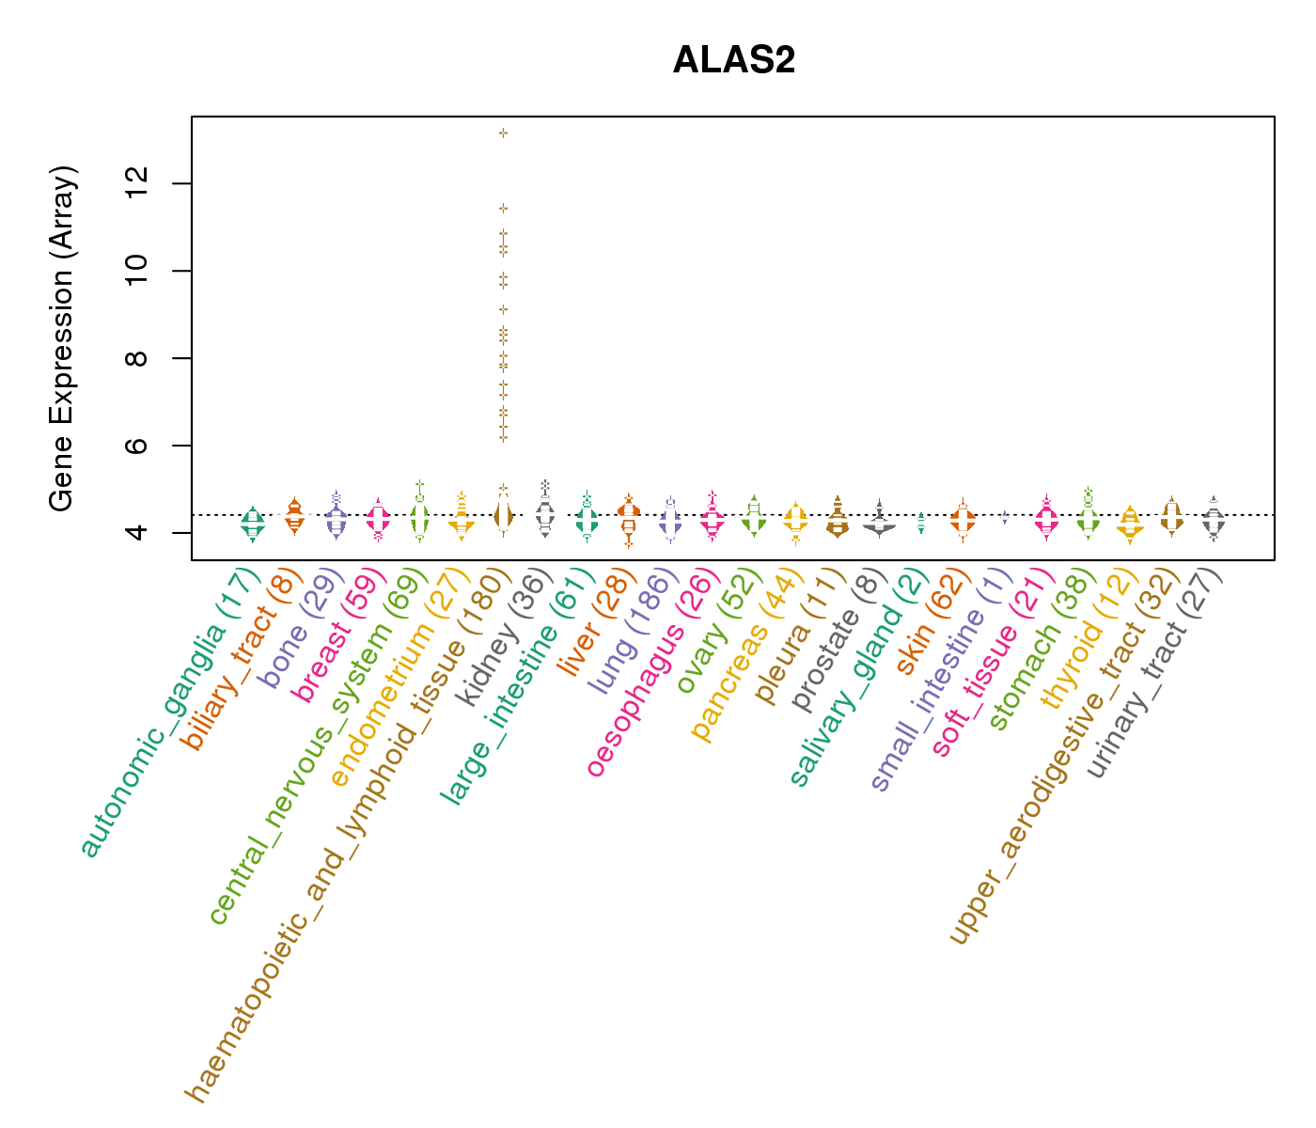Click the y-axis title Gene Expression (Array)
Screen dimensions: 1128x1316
(62, 339)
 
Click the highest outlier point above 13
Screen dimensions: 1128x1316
(504, 133)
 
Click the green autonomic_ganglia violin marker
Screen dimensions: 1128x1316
(252, 523)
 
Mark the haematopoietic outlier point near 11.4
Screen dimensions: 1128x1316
(504, 208)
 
